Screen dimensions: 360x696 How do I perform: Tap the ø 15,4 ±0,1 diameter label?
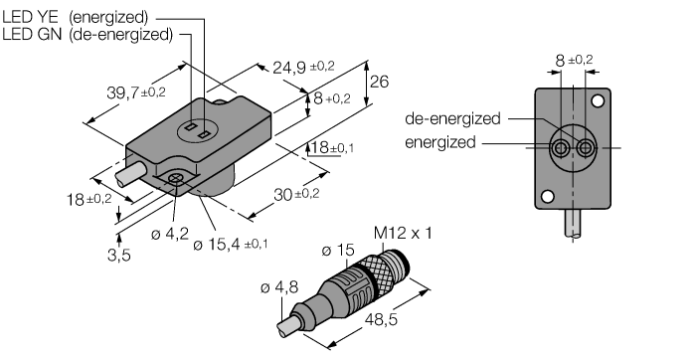pyautogui.click(x=237, y=244)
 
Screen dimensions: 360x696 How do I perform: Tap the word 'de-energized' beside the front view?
pyautogui.click(x=452, y=118)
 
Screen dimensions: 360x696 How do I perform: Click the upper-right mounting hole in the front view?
pyautogui.click(x=599, y=101)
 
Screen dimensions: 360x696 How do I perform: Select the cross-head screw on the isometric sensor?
pyautogui.click(x=176, y=178)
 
